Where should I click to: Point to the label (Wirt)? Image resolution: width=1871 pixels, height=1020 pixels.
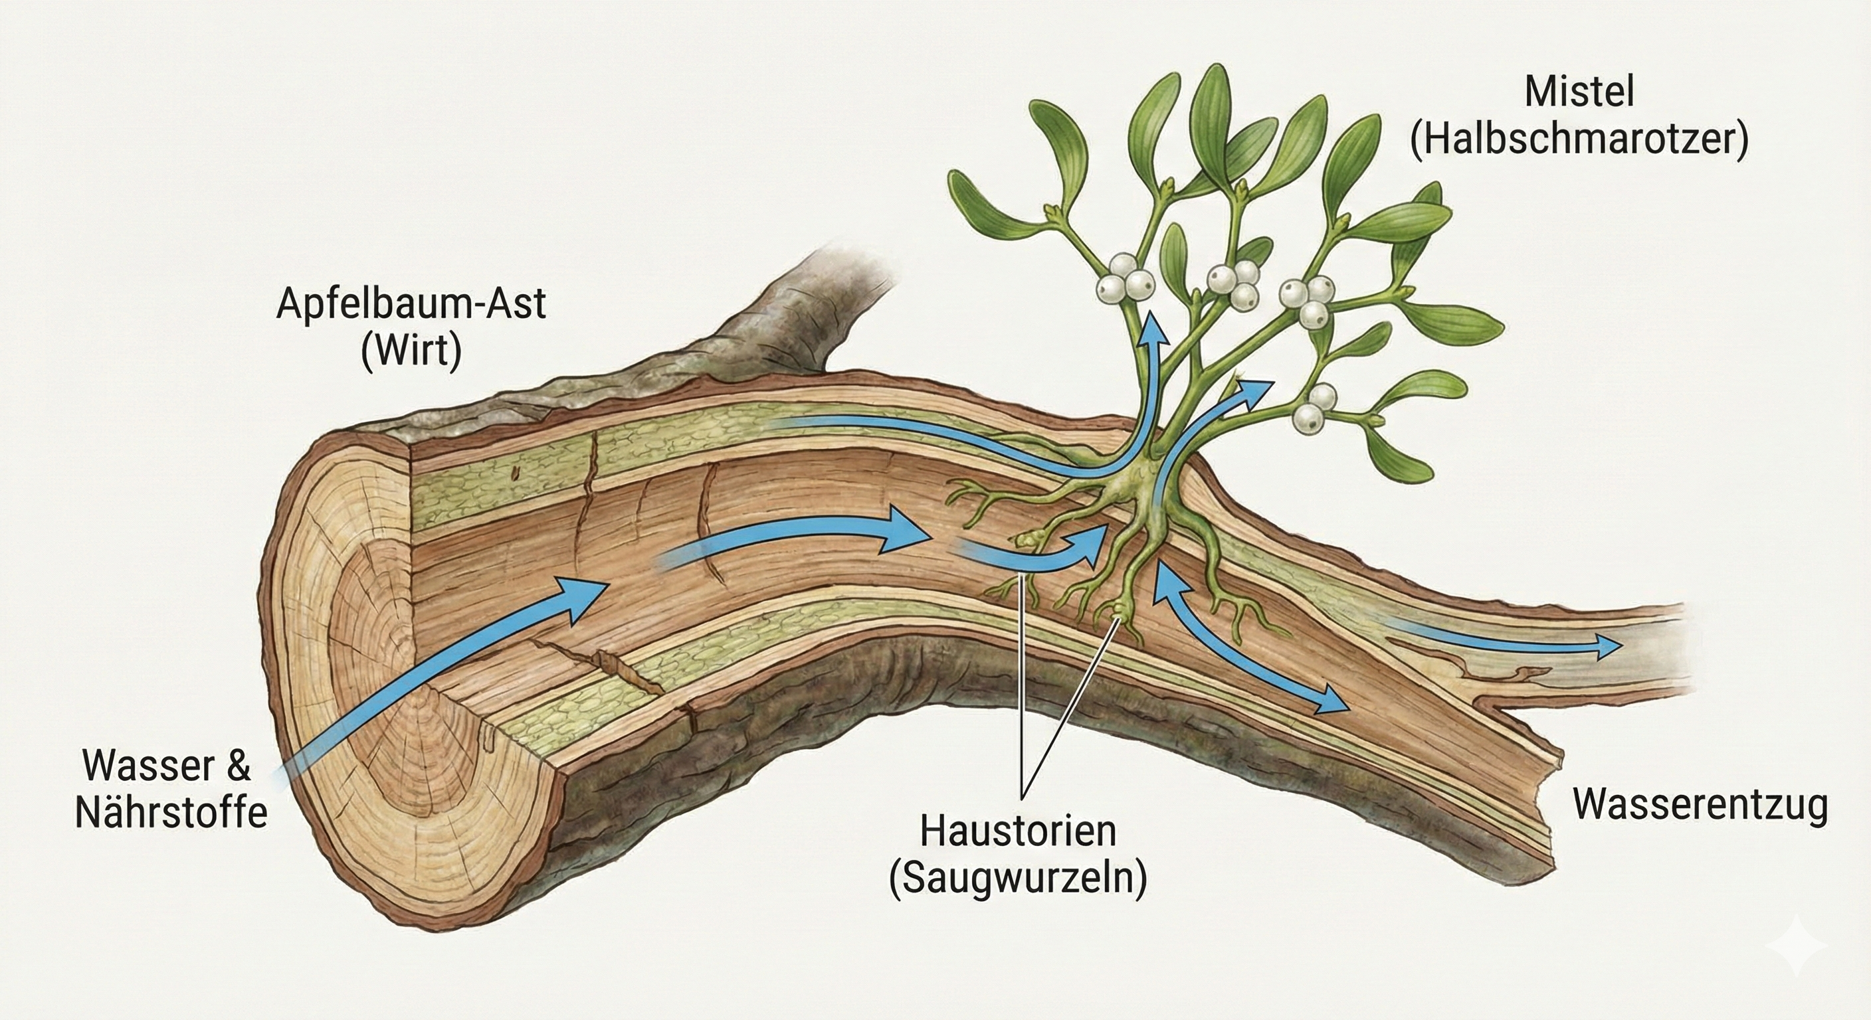[x=411, y=352]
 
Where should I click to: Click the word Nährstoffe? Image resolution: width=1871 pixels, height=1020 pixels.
[x=171, y=813]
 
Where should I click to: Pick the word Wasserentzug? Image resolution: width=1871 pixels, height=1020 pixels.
[x=1700, y=804]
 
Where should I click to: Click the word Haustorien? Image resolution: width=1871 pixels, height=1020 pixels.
[x=1018, y=832]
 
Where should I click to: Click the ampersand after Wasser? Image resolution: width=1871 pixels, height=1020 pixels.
[x=235, y=766]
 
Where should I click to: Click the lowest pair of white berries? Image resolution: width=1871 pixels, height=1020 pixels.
[x=1315, y=406]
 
